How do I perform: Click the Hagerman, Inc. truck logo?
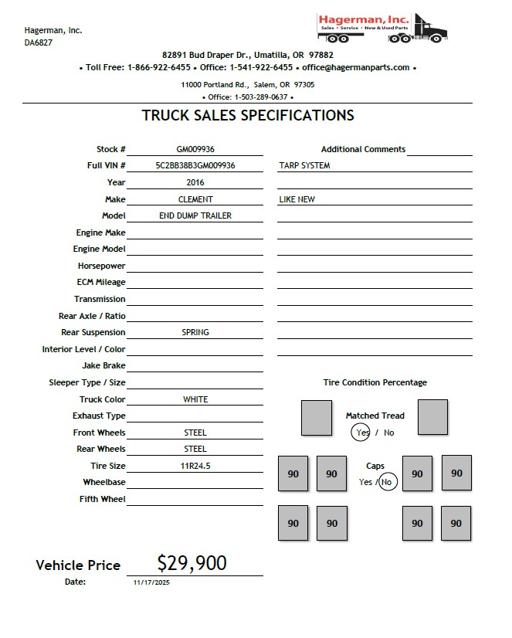383,28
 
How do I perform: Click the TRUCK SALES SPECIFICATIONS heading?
248,116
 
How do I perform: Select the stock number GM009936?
195,149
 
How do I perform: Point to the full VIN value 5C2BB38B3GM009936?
195,165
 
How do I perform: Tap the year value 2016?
195,182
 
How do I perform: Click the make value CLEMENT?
195,199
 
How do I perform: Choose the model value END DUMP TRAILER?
195,215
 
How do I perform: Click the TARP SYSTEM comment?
304,165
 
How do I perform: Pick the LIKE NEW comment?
297,199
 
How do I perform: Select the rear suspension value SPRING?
195,332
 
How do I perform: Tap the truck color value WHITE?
195,399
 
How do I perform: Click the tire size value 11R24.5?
195,466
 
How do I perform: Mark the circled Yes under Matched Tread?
361,433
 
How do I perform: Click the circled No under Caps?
388,482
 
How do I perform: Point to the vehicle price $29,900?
192,563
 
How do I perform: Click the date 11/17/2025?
151,582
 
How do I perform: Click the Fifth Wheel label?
102,499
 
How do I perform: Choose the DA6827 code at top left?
38,43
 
